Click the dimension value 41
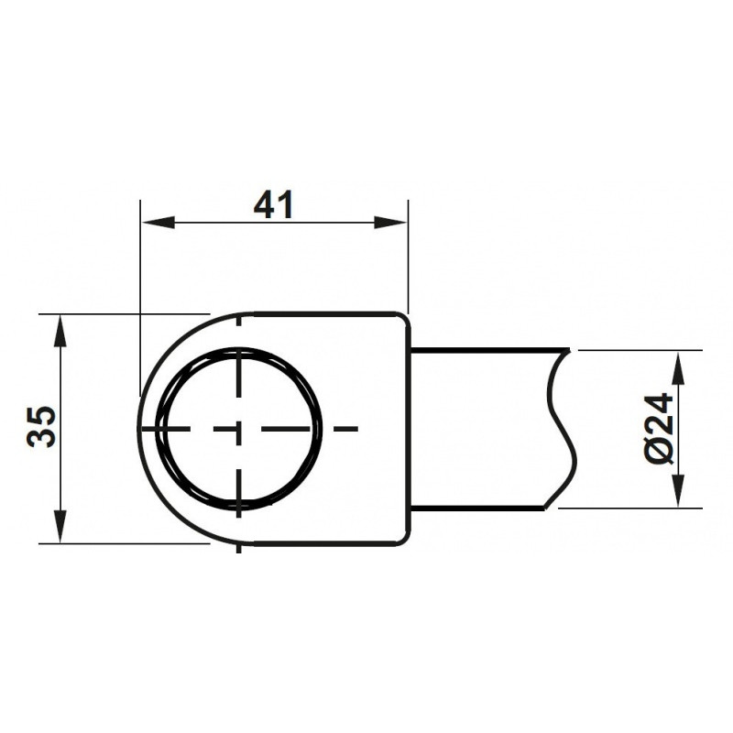coord(273,205)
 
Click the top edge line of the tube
coord(486,349)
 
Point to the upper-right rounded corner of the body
coord(401,321)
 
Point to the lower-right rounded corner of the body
coord(401,537)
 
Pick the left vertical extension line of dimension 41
coord(138,293)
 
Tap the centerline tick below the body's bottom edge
coord(238,548)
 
